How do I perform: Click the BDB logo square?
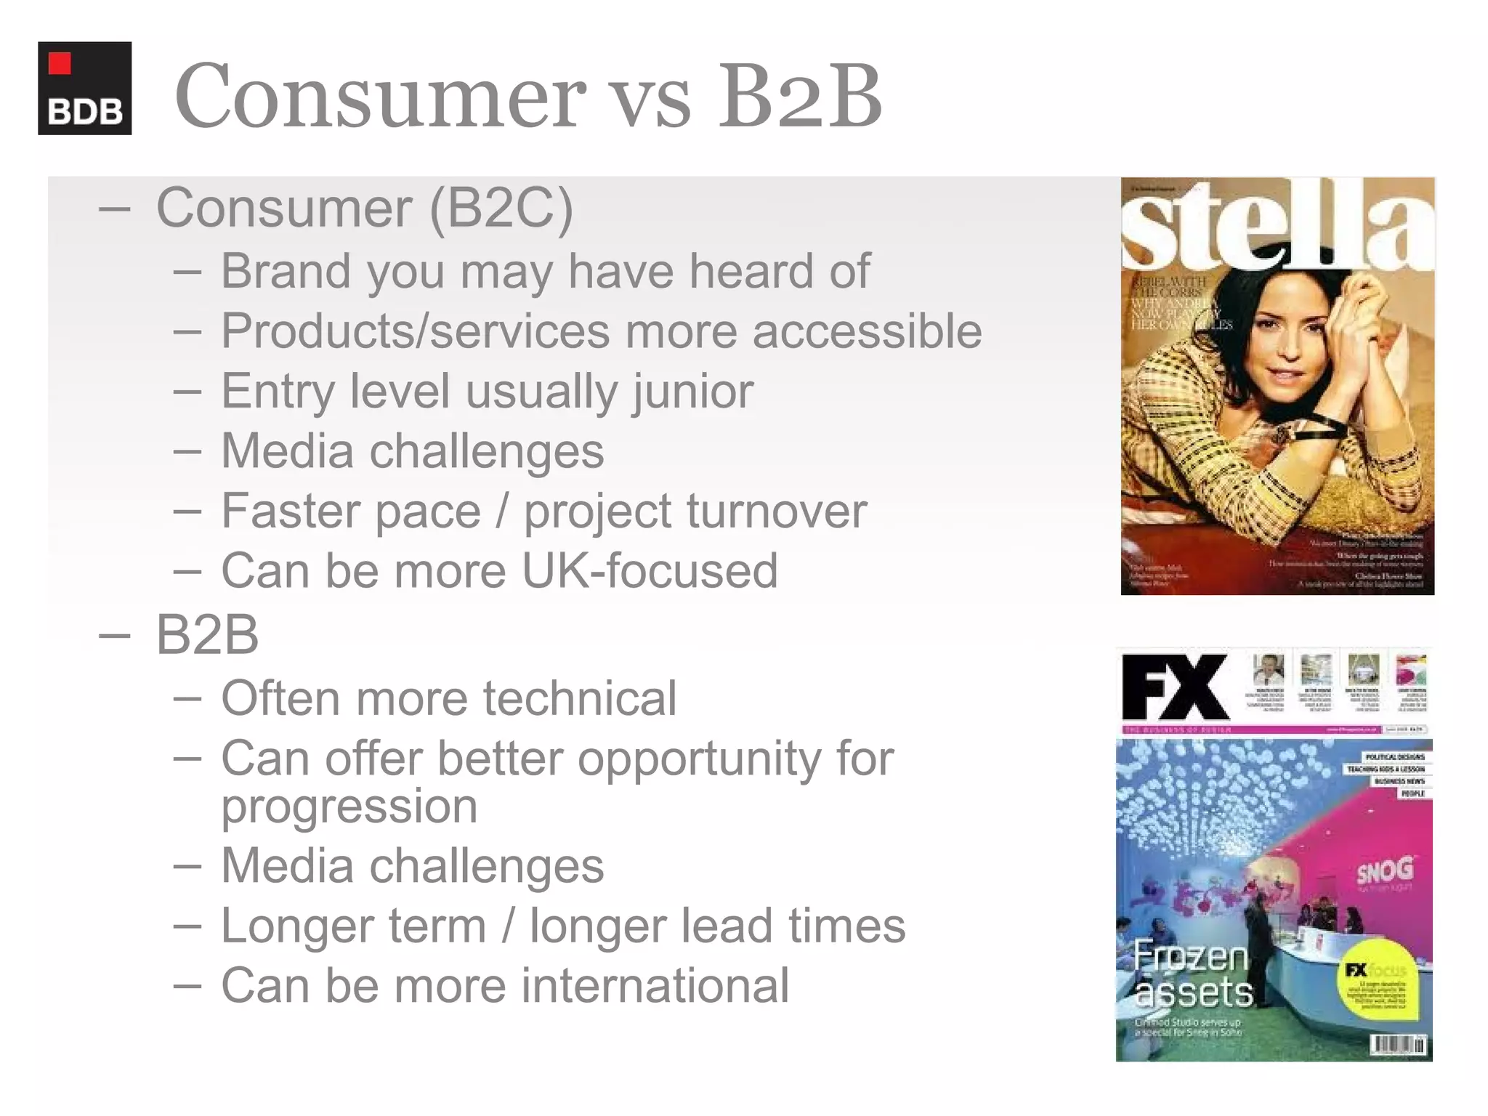(84, 88)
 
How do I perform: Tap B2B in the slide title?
(799, 96)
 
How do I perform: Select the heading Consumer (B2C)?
(364, 208)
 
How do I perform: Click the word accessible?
(867, 331)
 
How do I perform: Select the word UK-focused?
(650, 571)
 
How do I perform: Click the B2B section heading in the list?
(207, 634)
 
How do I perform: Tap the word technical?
(580, 698)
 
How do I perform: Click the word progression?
(349, 806)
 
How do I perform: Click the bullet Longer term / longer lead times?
(563, 926)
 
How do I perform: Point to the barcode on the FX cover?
(1397, 1044)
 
